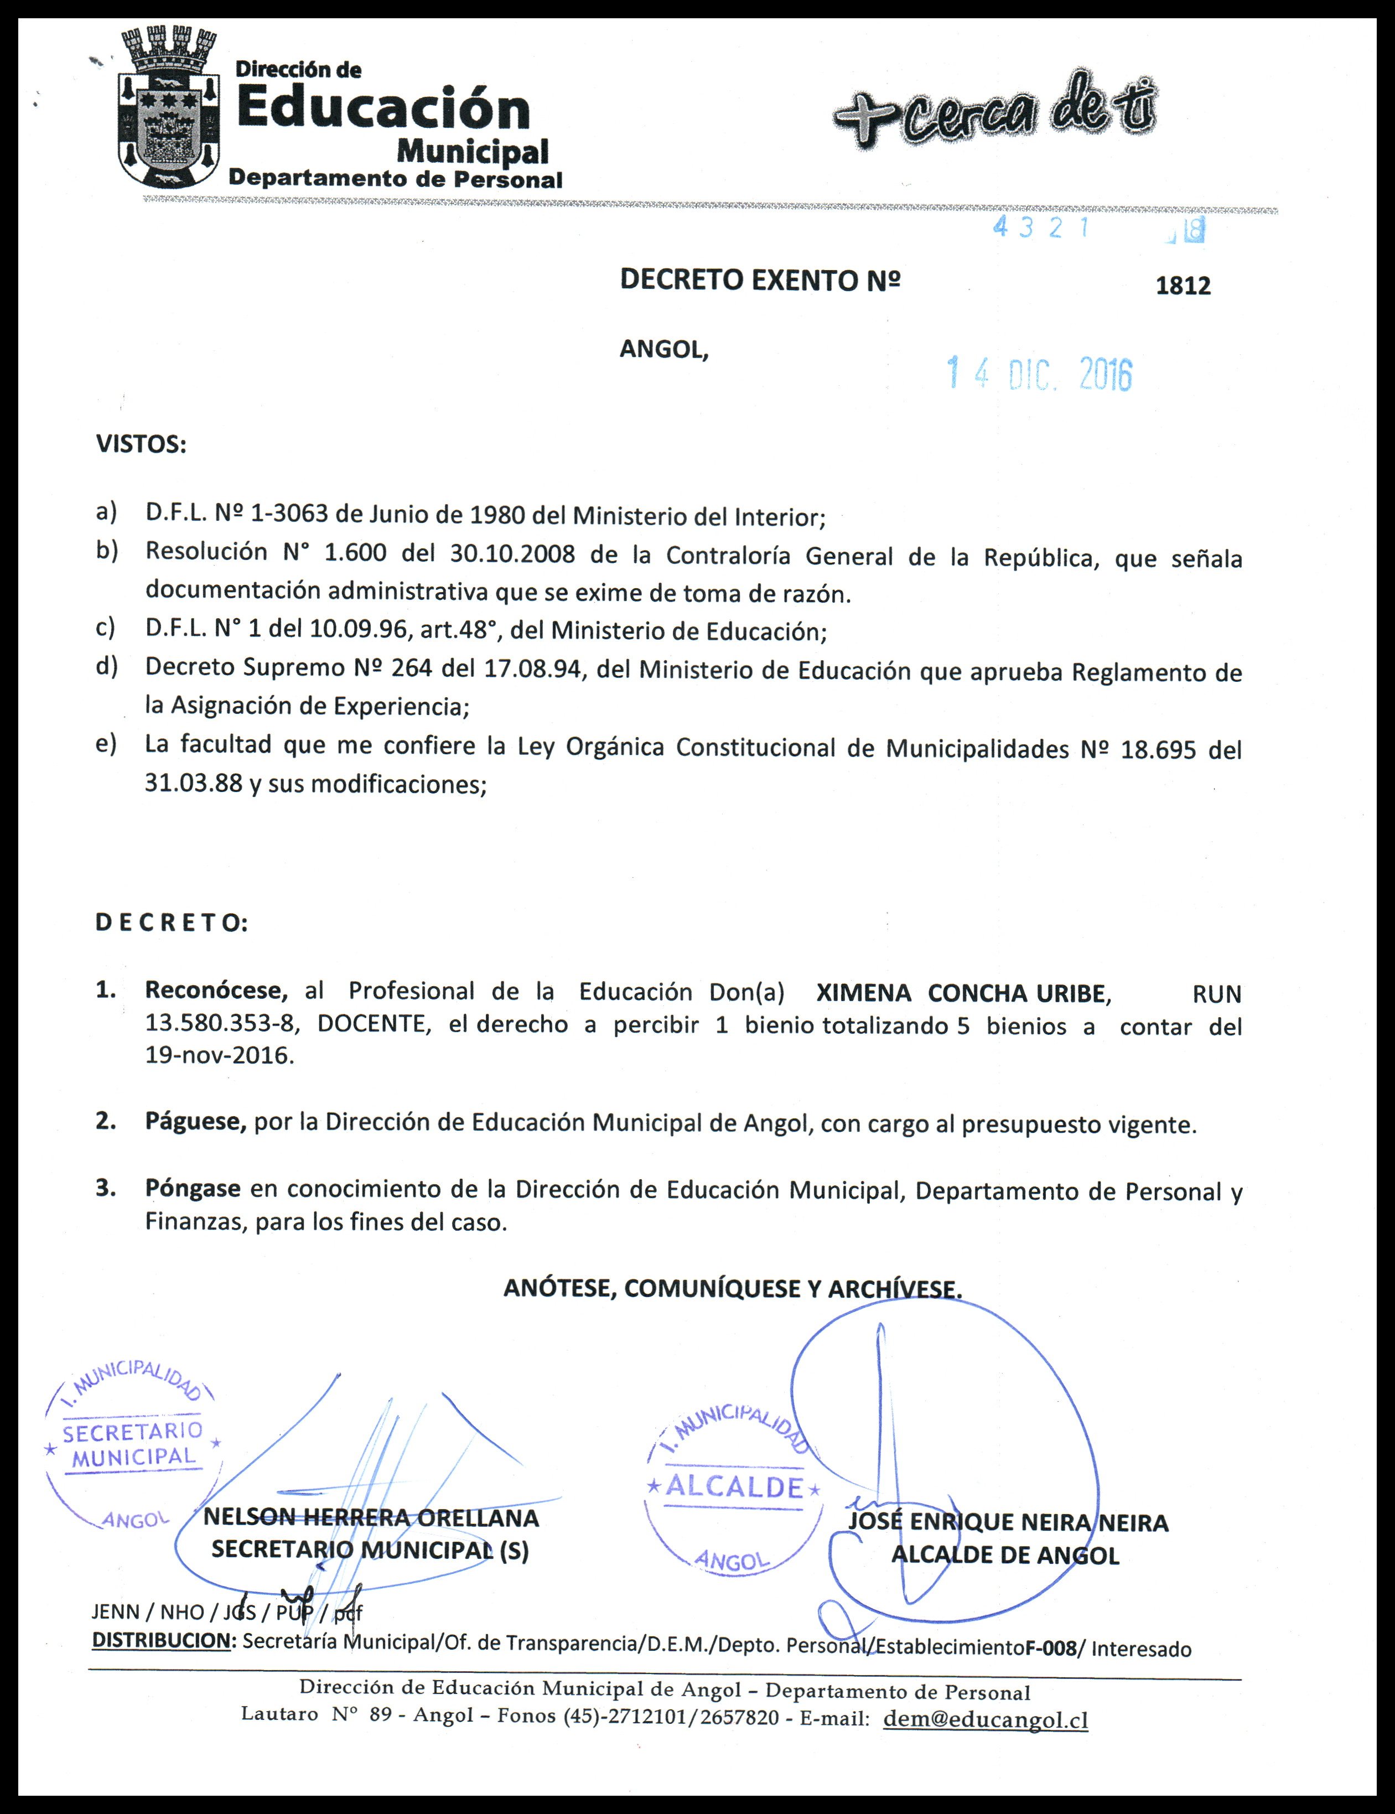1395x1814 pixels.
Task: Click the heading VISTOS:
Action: click(141, 444)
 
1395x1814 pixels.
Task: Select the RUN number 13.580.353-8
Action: click(220, 1024)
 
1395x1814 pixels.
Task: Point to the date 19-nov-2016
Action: click(219, 1056)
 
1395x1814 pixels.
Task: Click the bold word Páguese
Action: click(195, 1122)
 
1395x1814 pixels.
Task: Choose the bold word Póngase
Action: click(193, 1189)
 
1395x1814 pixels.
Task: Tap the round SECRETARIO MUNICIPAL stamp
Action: click(133, 1444)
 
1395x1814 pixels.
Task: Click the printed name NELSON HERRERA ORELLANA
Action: click(371, 1518)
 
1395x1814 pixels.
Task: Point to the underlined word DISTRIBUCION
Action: click(161, 1640)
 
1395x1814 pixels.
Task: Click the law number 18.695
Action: click(1158, 750)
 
